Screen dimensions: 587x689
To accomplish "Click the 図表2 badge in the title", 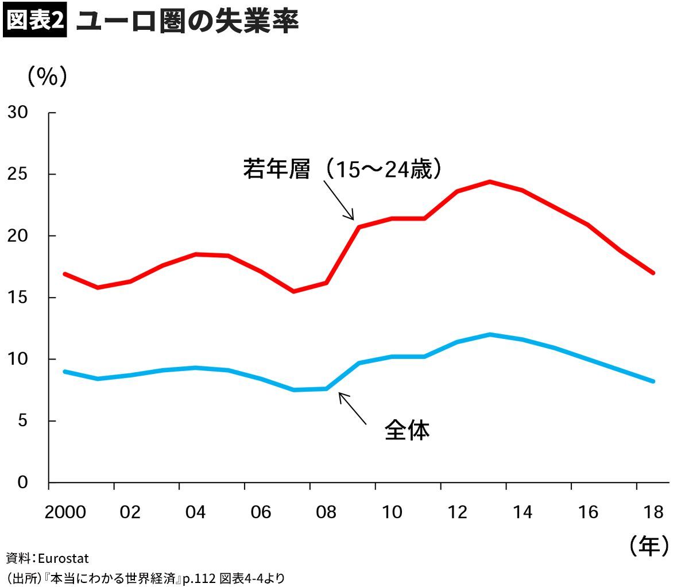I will [x=36, y=21].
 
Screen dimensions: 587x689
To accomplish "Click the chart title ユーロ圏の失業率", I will [x=187, y=22].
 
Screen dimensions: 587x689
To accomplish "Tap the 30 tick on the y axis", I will [x=18, y=113].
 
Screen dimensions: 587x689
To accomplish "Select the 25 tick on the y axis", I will [x=18, y=174].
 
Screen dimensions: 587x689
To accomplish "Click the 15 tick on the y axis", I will [x=18, y=298].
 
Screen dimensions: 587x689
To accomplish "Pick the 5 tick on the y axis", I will [x=22, y=421].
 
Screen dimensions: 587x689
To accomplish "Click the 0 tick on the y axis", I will [x=22, y=482].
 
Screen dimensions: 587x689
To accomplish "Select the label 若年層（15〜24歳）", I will [x=343, y=170].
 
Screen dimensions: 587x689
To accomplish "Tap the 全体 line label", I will [x=407, y=430].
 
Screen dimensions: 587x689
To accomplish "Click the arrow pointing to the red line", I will [x=339, y=200].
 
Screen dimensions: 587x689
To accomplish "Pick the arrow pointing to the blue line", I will [x=352, y=408].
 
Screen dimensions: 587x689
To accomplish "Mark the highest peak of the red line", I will [x=490, y=181].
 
